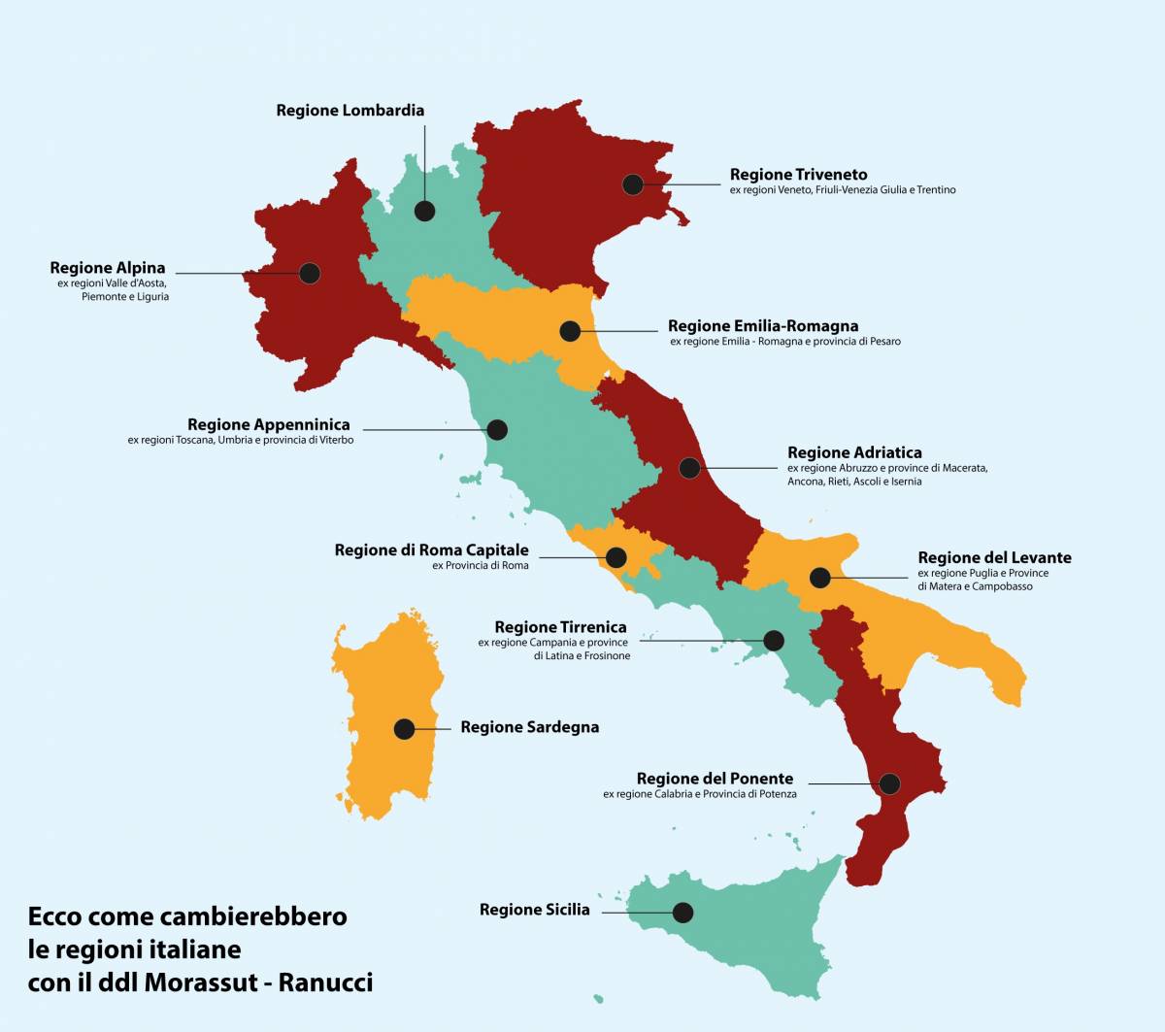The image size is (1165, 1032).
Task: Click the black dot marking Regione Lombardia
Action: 424,210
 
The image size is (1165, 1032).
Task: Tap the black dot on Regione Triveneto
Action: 633,184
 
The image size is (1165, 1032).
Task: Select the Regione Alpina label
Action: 108,268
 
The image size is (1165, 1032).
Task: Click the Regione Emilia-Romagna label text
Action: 763,326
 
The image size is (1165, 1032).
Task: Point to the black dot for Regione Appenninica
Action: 497,429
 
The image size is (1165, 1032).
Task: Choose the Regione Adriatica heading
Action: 854,452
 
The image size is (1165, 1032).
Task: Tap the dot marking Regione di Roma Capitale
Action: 616,557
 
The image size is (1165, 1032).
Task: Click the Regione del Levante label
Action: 994,557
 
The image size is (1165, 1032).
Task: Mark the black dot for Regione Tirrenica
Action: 774,641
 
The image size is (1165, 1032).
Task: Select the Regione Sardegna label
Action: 529,727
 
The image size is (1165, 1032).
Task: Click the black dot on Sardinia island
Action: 404,728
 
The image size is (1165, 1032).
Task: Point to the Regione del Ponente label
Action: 715,779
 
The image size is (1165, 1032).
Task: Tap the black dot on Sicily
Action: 682,913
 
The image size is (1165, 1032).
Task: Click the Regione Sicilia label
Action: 534,910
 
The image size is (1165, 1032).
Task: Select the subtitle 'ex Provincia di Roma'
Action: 481,566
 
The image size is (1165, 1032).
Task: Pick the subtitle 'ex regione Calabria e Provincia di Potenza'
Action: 699,794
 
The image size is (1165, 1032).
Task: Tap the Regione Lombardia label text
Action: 349,111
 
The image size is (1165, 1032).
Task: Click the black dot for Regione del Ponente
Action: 889,783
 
